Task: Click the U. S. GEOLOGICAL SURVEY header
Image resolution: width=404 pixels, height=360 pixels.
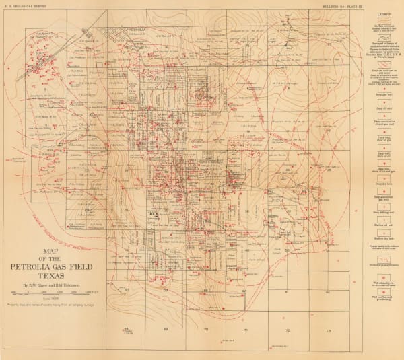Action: tap(26, 5)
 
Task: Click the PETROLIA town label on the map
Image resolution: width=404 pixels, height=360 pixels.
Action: tap(139, 30)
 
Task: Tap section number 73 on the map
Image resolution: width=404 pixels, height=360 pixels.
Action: tap(328, 331)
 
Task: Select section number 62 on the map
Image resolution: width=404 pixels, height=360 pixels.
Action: tap(328, 291)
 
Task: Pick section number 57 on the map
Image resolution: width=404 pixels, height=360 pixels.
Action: tap(127, 290)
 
